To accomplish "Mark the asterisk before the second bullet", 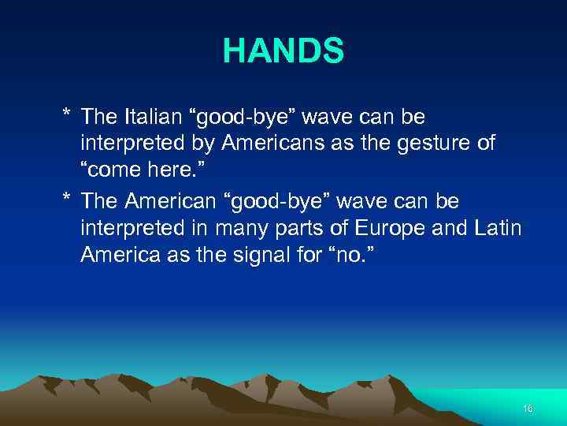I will tap(68, 201).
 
